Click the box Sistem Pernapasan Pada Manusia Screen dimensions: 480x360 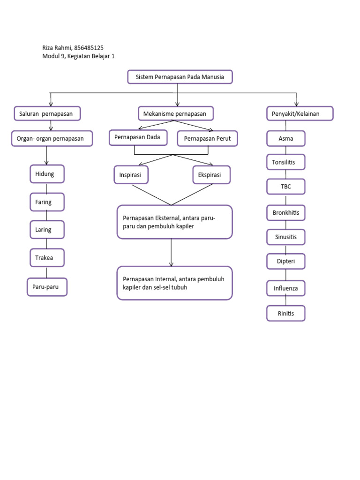click(x=180, y=77)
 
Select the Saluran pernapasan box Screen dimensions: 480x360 click(x=47, y=114)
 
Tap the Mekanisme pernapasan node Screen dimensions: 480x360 click(x=176, y=114)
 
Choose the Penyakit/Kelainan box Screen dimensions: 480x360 click(x=300, y=114)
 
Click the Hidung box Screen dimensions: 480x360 click(x=47, y=174)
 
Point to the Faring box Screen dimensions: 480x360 click(x=47, y=202)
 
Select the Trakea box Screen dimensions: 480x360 click(x=47, y=258)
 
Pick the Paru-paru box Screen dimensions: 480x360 click(x=47, y=287)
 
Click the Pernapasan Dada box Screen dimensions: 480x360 click(x=138, y=138)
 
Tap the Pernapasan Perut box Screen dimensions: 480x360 click(x=207, y=139)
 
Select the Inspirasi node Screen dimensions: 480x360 click(x=131, y=175)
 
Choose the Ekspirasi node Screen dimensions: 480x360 click(x=211, y=175)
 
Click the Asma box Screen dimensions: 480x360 click(x=286, y=139)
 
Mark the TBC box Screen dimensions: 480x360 click(x=286, y=186)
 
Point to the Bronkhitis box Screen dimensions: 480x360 click(x=286, y=213)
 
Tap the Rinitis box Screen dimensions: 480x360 click(x=286, y=313)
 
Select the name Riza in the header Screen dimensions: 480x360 click(x=49, y=48)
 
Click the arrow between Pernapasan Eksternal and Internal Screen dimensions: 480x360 click(x=171, y=253)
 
